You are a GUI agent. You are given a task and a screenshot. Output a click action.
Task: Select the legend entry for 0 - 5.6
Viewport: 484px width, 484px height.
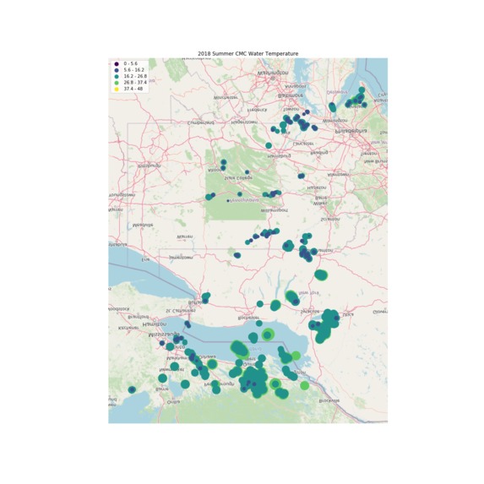(x=132, y=63)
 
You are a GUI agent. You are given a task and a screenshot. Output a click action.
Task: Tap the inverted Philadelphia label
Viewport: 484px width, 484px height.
(x=351, y=131)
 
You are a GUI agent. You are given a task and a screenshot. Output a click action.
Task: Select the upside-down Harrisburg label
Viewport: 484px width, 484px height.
(x=278, y=156)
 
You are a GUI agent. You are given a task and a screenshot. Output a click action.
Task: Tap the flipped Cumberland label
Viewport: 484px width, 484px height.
(x=200, y=122)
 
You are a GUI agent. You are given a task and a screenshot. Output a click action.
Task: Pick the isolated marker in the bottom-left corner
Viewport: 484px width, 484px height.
(x=132, y=389)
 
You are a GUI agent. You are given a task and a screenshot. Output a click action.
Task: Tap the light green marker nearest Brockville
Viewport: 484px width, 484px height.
(x=304, y=385)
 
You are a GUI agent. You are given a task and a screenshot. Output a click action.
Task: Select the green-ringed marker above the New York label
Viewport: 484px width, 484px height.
(x=321, y=275)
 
